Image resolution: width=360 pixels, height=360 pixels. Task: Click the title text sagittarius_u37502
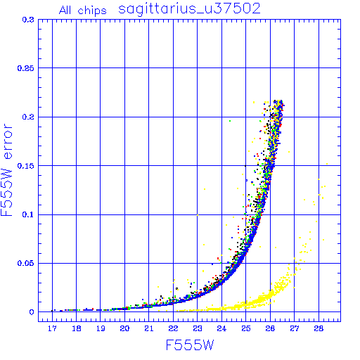coord(189,9)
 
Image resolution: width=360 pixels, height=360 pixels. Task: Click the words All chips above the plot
coord(83,11)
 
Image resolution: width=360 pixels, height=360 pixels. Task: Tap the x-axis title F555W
coord(190,345)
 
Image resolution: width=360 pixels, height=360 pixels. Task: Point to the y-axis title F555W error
coord(6,170)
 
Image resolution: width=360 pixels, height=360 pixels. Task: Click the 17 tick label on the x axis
coord(52,328)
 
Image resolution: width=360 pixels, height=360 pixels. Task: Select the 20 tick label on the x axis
coord(124,328)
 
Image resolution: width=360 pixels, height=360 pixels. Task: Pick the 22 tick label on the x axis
coord(173,328)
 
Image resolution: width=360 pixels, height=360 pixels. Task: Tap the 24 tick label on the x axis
coord(221,328)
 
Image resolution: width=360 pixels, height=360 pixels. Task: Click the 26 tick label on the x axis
coord(270,328)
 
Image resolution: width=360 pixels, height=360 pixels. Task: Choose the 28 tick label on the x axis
coord(319,328)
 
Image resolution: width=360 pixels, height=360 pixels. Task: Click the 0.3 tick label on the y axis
coord(28,20)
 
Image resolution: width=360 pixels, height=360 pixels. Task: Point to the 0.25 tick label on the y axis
coord(25,68)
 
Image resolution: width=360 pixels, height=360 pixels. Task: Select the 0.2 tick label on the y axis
coord(28,117)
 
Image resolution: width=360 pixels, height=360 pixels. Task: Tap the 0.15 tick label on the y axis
coord(25,166)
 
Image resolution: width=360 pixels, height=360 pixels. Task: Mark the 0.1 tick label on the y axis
coord(28,214)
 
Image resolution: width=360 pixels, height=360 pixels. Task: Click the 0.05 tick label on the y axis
coord(25,263)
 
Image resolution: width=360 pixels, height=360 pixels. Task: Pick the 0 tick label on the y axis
coord(32,312)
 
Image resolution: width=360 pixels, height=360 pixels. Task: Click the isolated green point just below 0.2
coord(230,121)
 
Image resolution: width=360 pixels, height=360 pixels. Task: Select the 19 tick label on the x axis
coord(101,328)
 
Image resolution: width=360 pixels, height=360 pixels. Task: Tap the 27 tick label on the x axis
coord(295,328)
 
